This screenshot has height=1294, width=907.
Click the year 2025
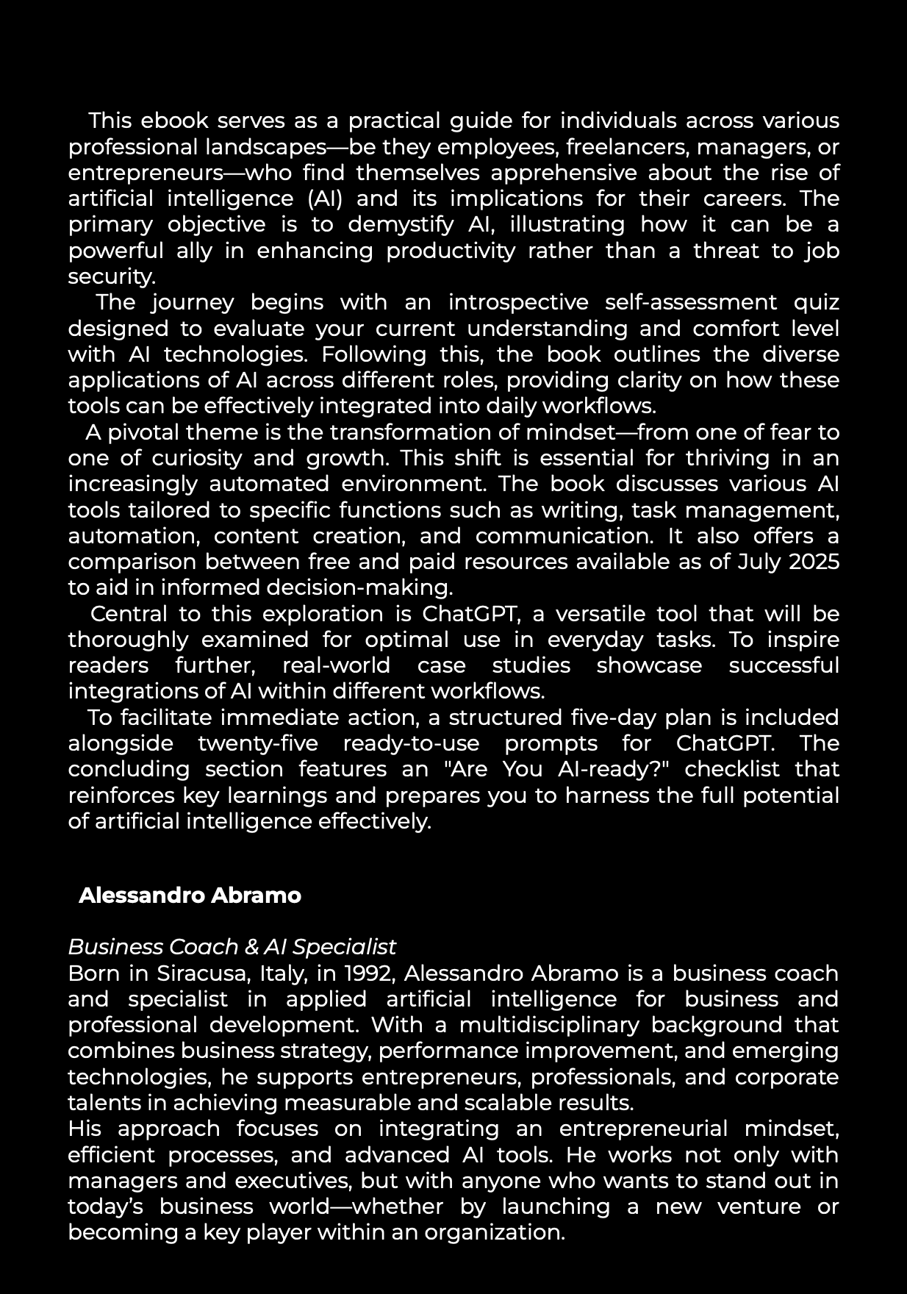(x=814, y=562)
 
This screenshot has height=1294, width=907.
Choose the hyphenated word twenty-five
(x=258, y=743)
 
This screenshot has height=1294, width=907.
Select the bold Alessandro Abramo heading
(x=190, y=896)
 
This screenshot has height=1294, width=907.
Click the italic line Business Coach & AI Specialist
(x=232, y=947)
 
